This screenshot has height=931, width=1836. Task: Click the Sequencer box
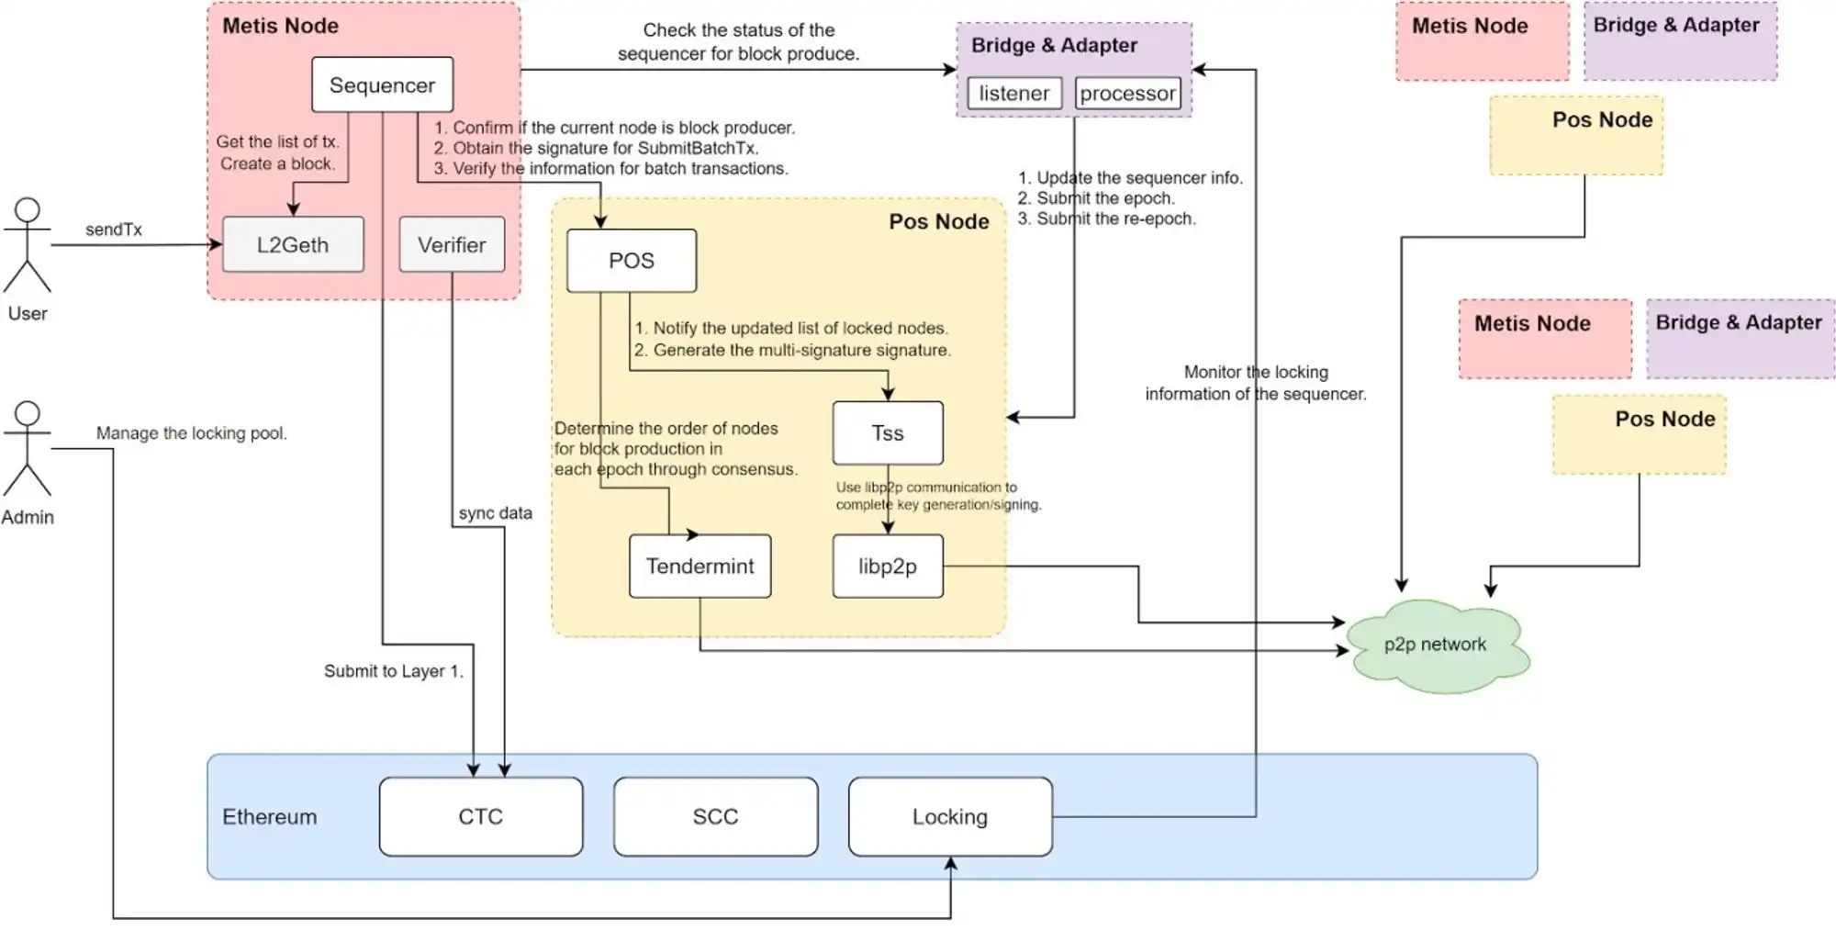click(382, 85)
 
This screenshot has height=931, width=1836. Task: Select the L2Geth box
click(293, 245)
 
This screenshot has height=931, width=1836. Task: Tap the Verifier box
click(452, 245)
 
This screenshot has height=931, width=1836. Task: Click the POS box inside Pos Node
click(632, 261)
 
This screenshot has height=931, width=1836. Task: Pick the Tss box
click(888, 433)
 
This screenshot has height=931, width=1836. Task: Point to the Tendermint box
click(700, 566)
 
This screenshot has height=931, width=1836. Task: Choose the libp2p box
click(888, 566)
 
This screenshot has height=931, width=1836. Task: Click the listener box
click(1014, 94)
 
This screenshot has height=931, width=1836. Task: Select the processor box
click(1127, 94)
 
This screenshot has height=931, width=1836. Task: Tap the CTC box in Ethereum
click(481, 817)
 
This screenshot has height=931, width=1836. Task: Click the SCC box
click(715, 817)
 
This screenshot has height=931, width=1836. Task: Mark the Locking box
click(950, 817)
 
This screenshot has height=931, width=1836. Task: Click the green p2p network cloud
click(1436, 645)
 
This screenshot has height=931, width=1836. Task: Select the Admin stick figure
click(28, 450)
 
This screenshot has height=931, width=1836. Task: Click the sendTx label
click(114, 230)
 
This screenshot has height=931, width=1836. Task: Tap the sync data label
click(496, 513)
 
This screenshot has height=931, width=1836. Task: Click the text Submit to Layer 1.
click(394, 671)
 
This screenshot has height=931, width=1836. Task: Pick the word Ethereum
click(269, 817)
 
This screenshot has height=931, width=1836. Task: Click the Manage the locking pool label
click(192, 433)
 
